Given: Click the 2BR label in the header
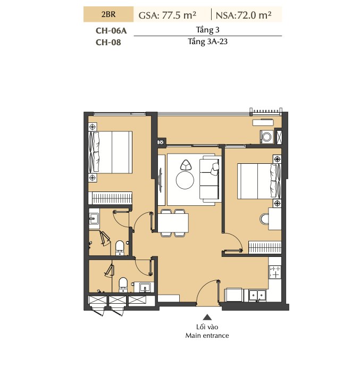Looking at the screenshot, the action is [108, 14].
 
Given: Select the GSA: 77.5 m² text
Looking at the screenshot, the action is [168, 15].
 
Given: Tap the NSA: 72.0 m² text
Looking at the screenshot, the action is [244, 15].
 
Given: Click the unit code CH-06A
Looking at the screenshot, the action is [111, 31].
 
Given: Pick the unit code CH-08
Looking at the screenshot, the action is [108, 43].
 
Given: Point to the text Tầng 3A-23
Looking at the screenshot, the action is [207, 41].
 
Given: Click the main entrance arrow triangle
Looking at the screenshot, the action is [207, 318].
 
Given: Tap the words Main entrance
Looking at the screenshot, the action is [207, 336].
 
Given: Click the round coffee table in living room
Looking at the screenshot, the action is [185, 180].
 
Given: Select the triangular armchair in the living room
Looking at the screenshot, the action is [186, 165].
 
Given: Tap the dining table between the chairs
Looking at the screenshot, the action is [173, 223].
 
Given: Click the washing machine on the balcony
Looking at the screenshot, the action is [266, 137].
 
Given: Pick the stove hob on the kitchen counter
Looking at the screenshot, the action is [275, 272].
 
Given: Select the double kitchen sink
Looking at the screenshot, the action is [257, 296].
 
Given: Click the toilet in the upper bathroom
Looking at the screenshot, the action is [120, 248].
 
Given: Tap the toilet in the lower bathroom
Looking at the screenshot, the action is [123, 285].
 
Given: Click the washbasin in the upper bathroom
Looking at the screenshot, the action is [94, 219].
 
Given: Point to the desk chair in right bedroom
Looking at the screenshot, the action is [264, 219].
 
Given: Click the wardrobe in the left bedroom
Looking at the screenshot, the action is [110, 198].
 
